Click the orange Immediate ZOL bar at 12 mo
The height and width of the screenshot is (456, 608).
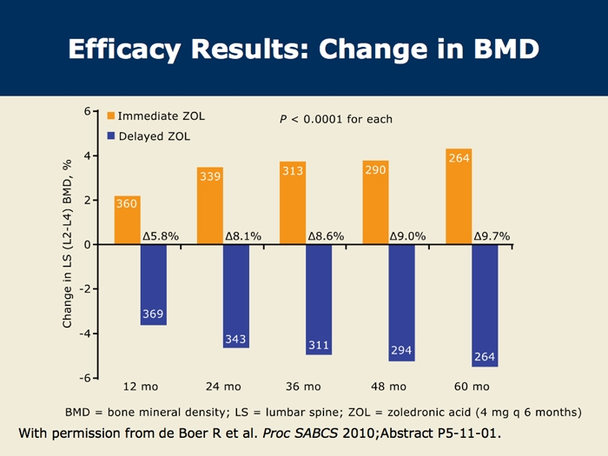pyautogui.click(x=127, y=221)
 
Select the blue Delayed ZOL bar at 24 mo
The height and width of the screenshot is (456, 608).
pyautogui.click(x=235, y=295)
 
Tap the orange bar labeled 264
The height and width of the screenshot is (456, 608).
pyautogui.click(x=458, y=197)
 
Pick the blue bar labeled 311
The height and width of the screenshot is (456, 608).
pyautogui.click(x=319, y=300)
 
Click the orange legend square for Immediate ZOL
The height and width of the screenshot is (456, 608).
pyautogui.click(x=111, y=116)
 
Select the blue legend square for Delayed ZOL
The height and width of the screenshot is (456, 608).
pyautogui.click(x=111, y=136)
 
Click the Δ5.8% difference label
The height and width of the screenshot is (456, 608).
pyautogui.click(x=160, y=235)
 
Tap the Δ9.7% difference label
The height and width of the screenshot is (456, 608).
pyautogui.click(x=492, y=235)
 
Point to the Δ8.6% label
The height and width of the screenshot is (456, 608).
pyautogui.click(x=326, y=235)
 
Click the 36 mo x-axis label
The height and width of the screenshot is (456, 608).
pyautogui.click(x=304, y=386)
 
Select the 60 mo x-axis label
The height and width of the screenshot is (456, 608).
pyautogui.click(x=472, y=386)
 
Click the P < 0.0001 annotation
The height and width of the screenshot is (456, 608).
pyautogui.click(x=336, y=119)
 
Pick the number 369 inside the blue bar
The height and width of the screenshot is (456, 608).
pyautogui.click(x=153, y=314)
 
